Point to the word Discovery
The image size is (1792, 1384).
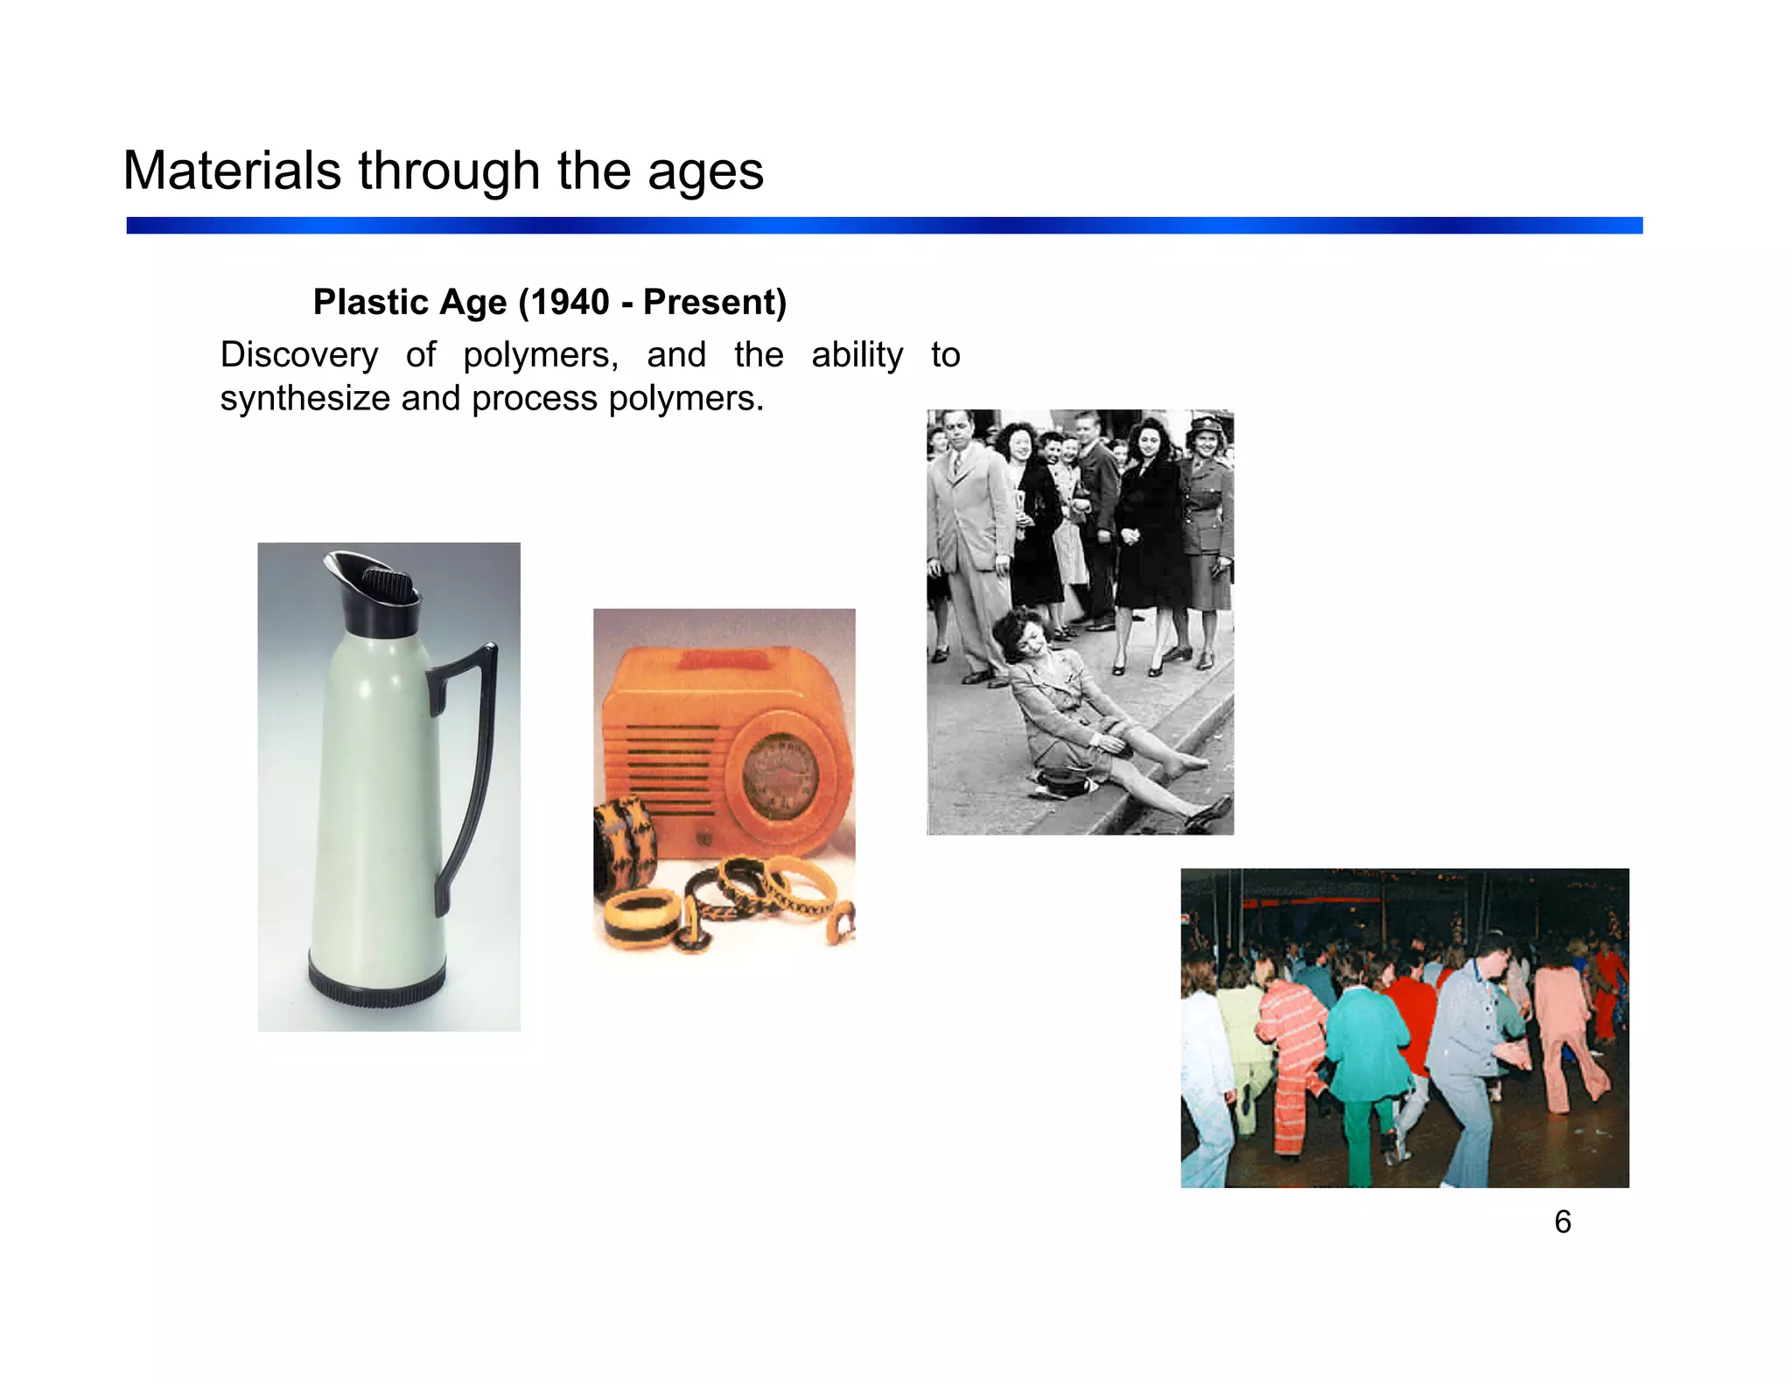[x=298, y=355]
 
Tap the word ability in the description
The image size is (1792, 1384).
[x=857, y=355]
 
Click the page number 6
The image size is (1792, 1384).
[x=1562, y=1222]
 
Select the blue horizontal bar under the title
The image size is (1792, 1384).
[x=884, y=226]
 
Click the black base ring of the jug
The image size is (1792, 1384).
[x=377, y=984]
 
